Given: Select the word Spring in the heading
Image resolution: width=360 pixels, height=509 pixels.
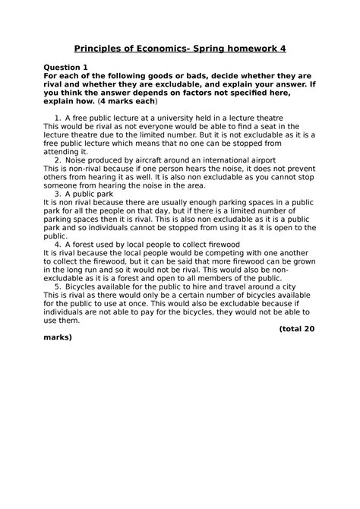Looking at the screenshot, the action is click(x=224, y=49).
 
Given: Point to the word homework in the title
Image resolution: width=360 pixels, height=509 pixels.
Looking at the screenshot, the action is click(x=271, y=49).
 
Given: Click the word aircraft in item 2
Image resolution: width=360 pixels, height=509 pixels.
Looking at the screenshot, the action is click(x=147, y=160).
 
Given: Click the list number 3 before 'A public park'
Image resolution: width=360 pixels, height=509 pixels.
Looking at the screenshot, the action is click(x=58, y=194).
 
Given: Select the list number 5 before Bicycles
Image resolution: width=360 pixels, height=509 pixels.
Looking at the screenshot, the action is click(x=58, y=286).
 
